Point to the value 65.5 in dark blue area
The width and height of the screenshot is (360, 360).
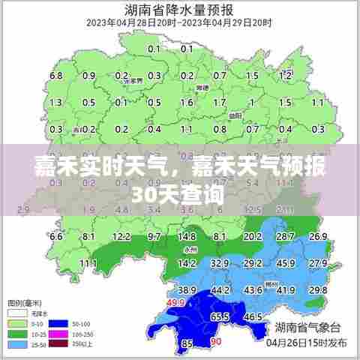pos(219,317)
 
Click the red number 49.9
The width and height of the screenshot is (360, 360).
pos(175,303)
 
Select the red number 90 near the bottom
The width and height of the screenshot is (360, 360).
pos(216,342)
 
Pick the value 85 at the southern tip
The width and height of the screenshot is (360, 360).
pos(187,344)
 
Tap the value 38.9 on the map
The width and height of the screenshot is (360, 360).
pos(187,290)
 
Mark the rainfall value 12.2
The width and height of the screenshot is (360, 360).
pos(121,237)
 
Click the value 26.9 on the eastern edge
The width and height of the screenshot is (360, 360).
pos(319,237)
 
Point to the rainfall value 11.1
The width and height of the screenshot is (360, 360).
pos(88,263)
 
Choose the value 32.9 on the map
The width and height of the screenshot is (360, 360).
pos(220,263)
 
